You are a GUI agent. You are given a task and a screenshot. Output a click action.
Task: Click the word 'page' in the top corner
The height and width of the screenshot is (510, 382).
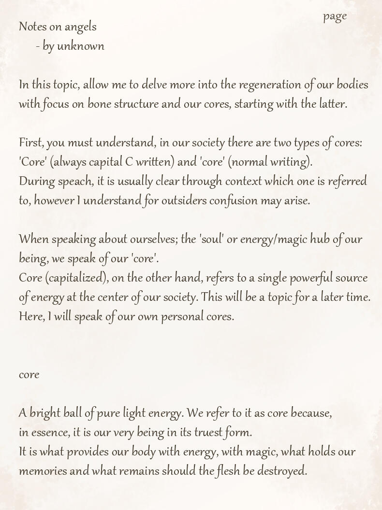[x=335, y=16]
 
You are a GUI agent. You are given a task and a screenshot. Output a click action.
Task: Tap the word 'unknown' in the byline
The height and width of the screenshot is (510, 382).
[x=81, y=46]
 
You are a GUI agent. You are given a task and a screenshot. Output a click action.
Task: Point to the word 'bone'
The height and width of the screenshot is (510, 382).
[x=99, y=104]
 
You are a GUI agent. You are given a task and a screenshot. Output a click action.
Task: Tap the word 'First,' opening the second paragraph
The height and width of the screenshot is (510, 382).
[x=31, y=143]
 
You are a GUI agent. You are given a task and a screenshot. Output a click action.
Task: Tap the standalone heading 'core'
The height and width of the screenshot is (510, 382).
[x=29, y=375]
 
